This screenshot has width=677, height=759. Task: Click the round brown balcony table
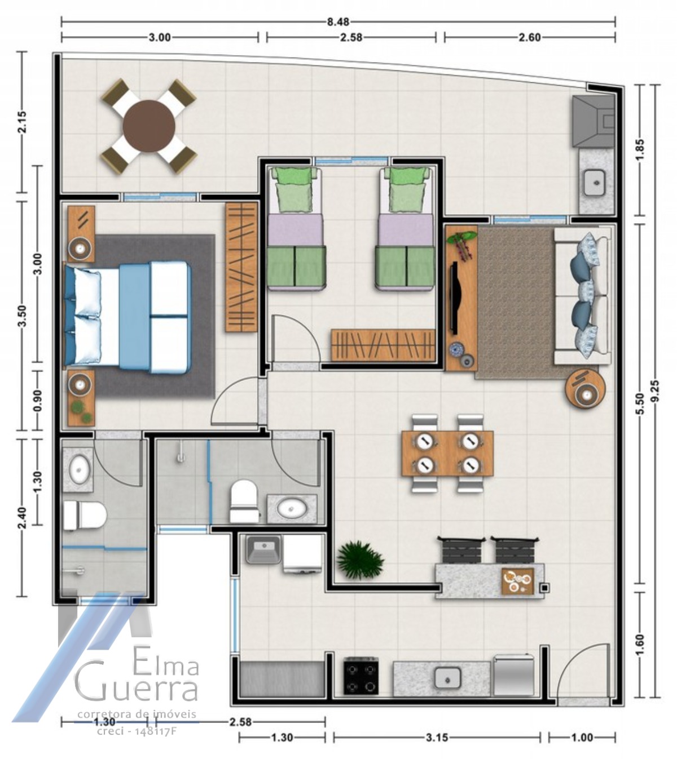149,126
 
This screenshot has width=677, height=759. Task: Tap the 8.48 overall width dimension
338,22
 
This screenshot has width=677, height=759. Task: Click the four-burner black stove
361,676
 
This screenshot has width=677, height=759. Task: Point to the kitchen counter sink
448,678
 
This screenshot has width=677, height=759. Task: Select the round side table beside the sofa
586,389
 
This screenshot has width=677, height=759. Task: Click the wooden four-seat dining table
447,453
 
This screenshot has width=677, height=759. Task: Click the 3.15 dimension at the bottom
437,737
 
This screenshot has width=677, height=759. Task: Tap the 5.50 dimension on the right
639,403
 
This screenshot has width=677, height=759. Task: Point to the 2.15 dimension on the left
21,122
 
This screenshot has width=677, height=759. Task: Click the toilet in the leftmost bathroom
85,515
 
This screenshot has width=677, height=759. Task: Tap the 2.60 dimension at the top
529,37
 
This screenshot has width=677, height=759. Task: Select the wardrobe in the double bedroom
241,267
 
